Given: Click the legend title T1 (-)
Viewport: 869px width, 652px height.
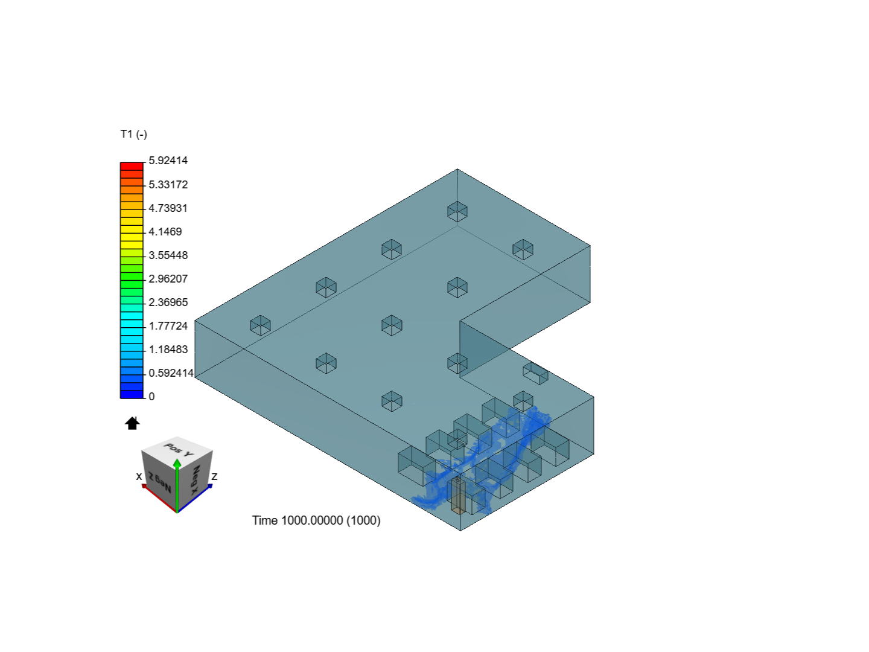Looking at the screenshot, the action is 134,135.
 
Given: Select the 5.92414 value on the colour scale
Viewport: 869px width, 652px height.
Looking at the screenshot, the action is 168,161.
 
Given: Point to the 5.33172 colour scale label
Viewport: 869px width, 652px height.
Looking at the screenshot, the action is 168,185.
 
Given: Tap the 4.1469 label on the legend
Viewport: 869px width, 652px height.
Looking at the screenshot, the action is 165,232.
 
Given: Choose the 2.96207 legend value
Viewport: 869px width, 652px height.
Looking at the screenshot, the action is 168,279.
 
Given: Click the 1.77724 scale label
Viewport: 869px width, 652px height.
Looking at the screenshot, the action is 168,326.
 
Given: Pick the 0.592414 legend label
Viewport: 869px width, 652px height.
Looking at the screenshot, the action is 171,373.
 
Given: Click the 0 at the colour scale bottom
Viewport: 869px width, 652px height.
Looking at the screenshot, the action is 151,397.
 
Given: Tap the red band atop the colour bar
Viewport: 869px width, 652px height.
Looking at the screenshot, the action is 132,166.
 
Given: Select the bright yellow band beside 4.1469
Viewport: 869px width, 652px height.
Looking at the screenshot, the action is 132,229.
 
